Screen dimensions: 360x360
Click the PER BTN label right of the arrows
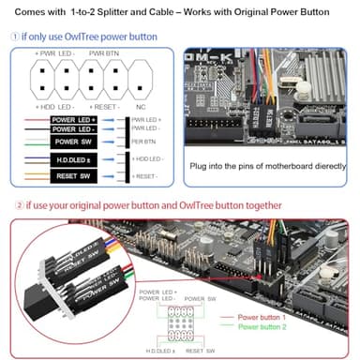[x=144, y=142]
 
